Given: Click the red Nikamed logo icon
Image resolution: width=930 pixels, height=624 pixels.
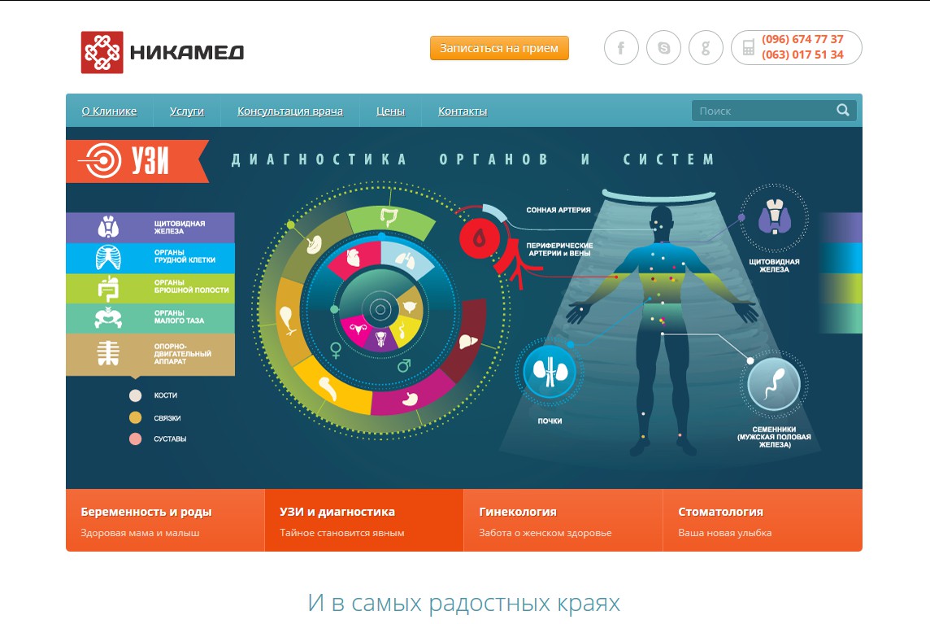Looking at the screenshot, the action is tap(102, 52).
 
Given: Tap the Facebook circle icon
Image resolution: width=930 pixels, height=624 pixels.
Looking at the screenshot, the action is tap(621, 47).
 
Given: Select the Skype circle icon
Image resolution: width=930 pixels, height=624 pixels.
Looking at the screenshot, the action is tap(663, 47).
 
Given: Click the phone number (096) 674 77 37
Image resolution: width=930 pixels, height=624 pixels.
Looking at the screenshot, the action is tap(802, 39).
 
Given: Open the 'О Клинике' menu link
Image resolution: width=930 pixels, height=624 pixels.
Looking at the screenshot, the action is tap(109, 111).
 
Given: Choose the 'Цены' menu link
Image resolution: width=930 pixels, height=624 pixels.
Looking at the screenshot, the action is tap(390, 111).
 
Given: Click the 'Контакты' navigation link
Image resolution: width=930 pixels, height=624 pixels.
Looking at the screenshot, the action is tap(463, 111).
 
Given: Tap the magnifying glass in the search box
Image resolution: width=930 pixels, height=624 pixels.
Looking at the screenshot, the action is tap(843, 110).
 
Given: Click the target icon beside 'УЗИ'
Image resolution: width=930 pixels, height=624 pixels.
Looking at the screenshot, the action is tap(103, 160).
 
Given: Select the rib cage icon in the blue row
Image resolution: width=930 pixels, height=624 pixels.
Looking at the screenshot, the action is tap(108, 257).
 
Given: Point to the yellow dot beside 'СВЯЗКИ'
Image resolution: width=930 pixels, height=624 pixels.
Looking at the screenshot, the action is tap(135, 418).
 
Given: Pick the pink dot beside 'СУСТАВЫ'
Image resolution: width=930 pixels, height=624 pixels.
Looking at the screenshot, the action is tap(135, 439).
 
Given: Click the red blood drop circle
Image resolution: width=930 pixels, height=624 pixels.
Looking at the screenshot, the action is tap(479, 238).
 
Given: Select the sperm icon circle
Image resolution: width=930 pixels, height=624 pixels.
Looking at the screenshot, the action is tap(774, 384).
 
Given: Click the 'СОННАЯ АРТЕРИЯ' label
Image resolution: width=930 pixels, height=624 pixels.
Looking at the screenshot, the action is tap(558, 210).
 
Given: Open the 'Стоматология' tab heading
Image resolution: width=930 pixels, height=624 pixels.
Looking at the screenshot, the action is tap(720, 512).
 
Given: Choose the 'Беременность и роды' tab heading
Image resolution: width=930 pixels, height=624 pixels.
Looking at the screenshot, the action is tap(146, 512).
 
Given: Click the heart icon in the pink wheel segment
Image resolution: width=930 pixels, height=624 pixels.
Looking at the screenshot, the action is tap(353, 258).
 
